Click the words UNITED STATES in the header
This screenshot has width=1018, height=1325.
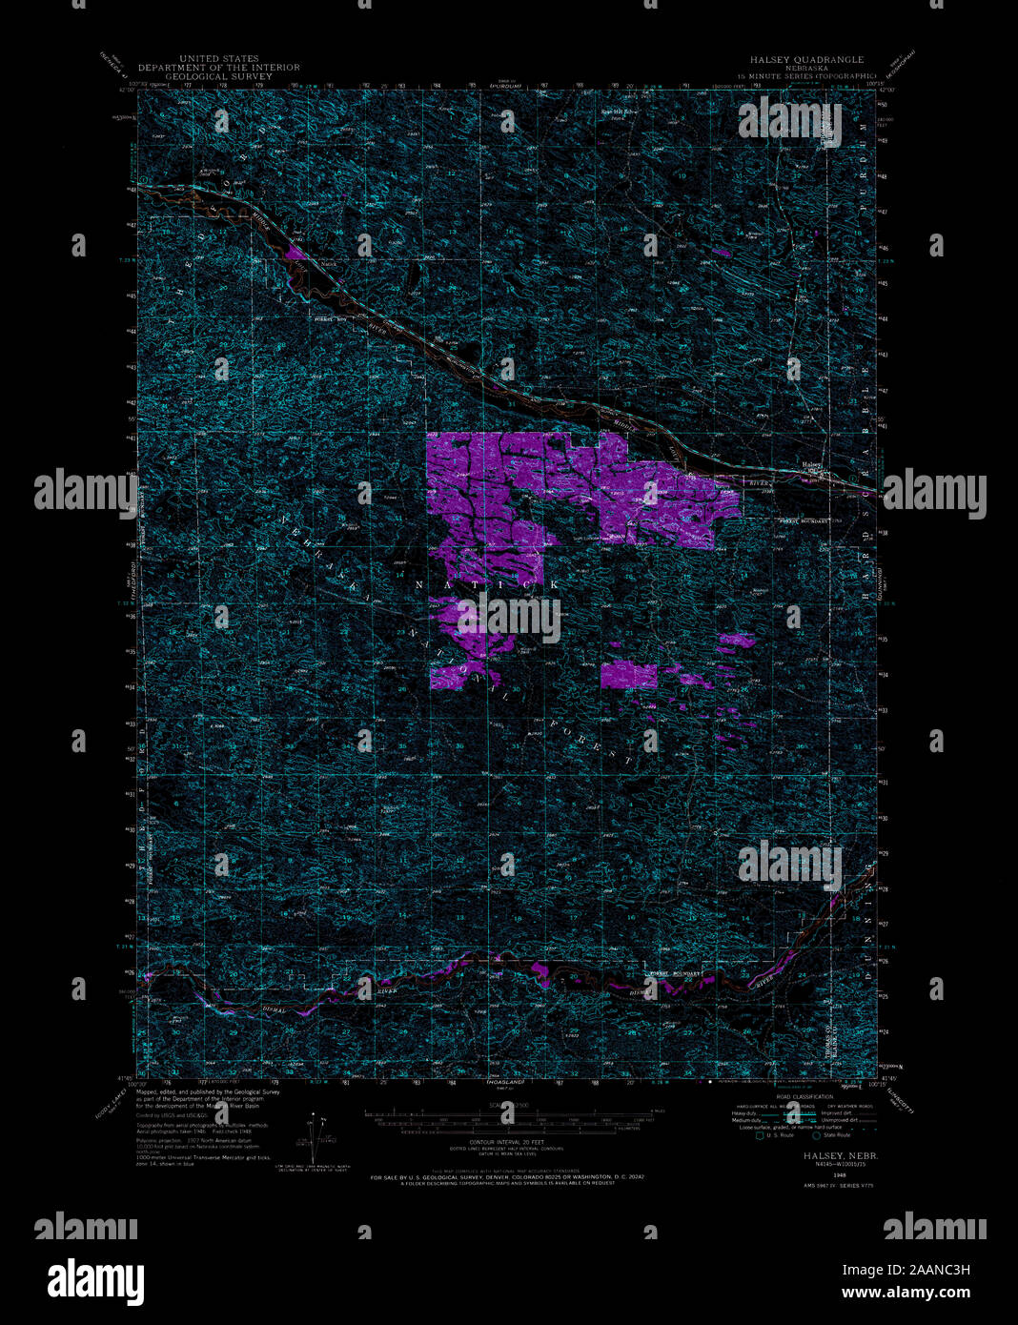pos(218,59)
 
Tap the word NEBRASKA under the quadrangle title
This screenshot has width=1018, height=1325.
pos(806,68)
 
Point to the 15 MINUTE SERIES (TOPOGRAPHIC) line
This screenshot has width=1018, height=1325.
pos(806,75)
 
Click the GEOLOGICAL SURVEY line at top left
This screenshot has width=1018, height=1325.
pos(218,76)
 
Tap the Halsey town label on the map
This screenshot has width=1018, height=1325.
pos(812,465)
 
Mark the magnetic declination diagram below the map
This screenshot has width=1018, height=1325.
pos(319,1134)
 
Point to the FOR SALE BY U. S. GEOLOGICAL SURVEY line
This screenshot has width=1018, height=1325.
pos(508,1178)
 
